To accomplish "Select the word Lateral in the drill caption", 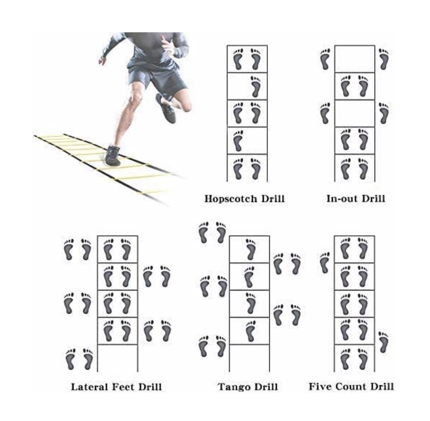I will (x=90, y=386).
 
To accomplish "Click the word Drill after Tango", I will (x=265, y=387).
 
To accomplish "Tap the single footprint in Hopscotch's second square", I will (x=256, y=86).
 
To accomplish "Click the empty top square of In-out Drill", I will (x=354, y=59).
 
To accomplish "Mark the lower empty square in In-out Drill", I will (x=354, y=113).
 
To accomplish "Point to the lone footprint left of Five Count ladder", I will (x=325, y=263).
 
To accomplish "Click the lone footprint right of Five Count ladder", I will (x=383, y=342).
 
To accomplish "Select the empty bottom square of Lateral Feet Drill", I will (x=117, y=358).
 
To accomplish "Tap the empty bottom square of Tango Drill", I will (x=249, y=358).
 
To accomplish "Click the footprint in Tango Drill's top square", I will (x=250, y=249).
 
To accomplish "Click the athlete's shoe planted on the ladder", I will (x=113, y=156).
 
